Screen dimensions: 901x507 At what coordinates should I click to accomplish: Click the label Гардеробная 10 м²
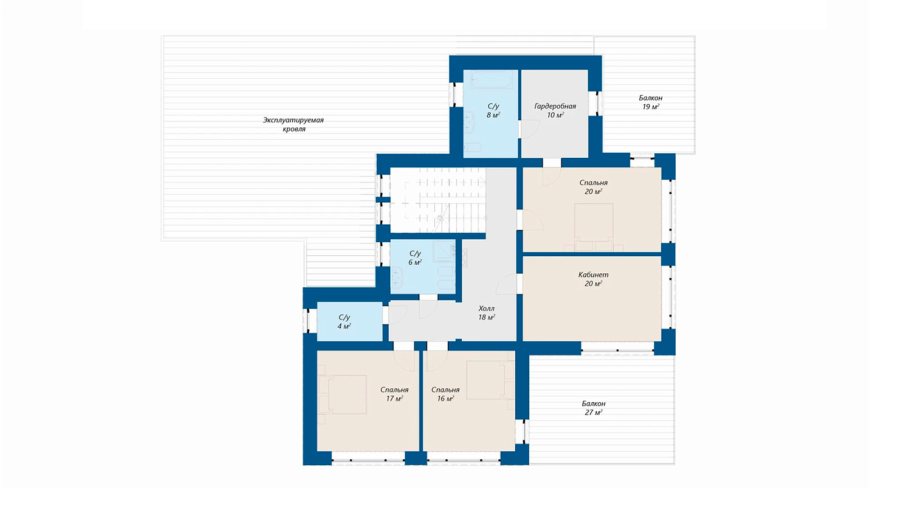(x=555, y=110)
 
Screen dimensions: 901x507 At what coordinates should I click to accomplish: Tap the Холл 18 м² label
(x=487, y=313)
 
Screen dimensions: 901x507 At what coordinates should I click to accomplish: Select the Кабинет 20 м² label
(x=594, y=279)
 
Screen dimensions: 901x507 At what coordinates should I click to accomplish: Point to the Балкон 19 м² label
(x=650, y=102)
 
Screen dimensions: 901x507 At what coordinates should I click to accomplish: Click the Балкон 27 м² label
(x=594, y=408)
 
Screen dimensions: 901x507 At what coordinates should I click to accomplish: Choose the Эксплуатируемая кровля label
(x=293, y=124)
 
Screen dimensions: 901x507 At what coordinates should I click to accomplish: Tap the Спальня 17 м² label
(x=394, y=394)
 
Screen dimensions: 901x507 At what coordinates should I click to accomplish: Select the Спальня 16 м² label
(x=445, y=394)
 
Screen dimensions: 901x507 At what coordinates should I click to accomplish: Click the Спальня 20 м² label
(x=594, y=187)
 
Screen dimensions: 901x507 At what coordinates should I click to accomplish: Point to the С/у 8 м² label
(x=493, y=110)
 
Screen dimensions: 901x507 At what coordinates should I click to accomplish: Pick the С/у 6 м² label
(x=414, y=258)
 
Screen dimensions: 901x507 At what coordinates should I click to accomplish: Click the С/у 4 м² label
(x=344, y=322)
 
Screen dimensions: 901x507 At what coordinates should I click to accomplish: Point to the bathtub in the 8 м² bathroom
(x=491, y=79)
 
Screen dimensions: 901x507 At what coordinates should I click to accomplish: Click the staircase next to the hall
(x=439, y=200)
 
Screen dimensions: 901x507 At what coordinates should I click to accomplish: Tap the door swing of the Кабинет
(x=506, y=283)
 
